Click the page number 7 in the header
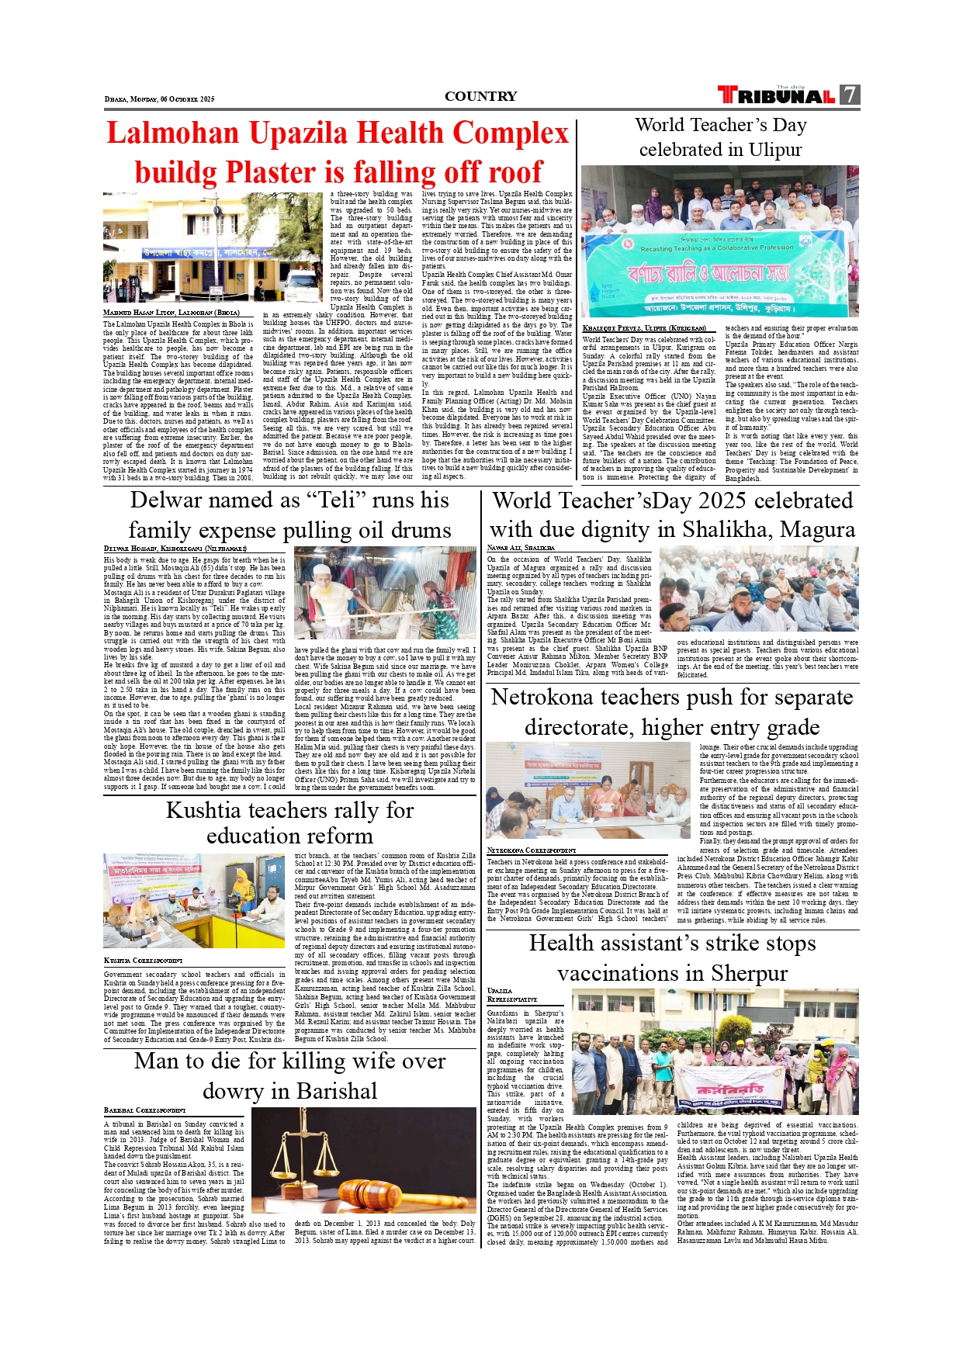point(850,95)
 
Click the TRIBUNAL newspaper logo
point(776,95)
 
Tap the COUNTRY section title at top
point(480,96)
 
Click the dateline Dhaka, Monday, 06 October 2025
point(159,99)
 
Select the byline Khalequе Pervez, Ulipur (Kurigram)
point(643,328)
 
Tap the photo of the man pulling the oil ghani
point(385,593)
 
